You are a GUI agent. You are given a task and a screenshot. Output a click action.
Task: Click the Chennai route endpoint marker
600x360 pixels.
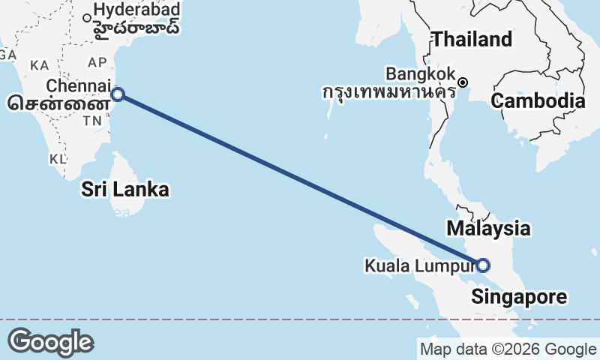pyautogui.click(x=117, y=94)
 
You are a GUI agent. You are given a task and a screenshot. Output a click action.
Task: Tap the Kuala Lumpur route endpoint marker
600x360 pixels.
pyautogui.click(x=483, y=265)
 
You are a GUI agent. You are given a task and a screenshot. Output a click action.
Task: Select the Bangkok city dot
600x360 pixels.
pyautogui.click(x=463, y=82)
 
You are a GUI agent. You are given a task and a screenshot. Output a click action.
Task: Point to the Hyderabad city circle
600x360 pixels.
pyautogui.click(x=88, y=18)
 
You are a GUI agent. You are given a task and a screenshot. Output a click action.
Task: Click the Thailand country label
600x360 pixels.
pyautogui.click(x=472, y=39)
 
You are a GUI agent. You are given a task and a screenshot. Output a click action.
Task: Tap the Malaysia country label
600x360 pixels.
pyautogui.click(x=488, y=228)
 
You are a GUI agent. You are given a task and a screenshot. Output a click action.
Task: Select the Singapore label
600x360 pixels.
pyautogui.click(x=519, y=297)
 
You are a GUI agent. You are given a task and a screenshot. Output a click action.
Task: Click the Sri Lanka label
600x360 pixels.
pyautogui.click(x=125, y=190)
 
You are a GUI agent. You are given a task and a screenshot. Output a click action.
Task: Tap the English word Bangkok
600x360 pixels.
pyautogui.click(x=420, y=74)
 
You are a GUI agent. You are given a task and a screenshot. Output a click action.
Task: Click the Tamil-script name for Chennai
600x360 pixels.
pyautogui.click(x=53, y=103)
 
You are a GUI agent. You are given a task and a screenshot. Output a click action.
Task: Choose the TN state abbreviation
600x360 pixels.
pyautogui.click(x=93, y=121)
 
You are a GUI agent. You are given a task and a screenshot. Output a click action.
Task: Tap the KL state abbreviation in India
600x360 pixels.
pyautogui.click(x=58, y=159)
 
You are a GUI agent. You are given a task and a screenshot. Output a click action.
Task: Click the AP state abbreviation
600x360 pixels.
pyautogui.click(x=97, y=62)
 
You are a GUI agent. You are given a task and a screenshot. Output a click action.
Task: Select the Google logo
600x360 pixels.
pyautogui.click(x=50, y=342)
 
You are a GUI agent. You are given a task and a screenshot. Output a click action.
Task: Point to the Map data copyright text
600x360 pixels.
pyautogui.click(x=507, y=349)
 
